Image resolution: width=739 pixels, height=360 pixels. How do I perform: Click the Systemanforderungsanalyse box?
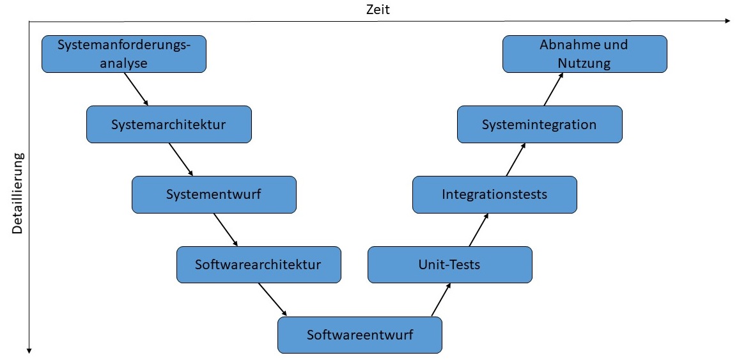click(x=124, y=54)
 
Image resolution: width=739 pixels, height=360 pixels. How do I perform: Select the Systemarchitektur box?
click(x=169, y=124)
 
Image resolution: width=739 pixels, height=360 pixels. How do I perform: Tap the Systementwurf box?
click(x=214, y=194)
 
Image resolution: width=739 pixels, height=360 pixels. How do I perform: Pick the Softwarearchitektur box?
click(x=258, y=264)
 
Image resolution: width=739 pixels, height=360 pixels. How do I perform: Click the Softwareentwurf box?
click(x=360, y=334)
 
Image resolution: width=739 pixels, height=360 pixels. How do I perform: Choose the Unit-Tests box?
click(x=449, y=264)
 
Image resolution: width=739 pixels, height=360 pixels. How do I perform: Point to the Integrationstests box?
click(x=495, y=194)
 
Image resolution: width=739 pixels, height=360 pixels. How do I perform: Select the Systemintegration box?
click(x=540, y=124)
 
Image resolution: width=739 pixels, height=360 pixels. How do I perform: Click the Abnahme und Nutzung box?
click(x=584, y=54)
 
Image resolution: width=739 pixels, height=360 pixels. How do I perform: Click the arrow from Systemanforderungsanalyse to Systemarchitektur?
click(x=136, y=89)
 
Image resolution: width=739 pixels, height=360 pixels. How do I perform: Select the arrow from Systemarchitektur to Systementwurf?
click(x=181, y=159)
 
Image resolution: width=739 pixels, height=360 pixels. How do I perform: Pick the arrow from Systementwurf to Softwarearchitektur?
click(x=226, y=230)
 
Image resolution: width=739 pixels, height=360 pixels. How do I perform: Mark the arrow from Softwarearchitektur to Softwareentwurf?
click(x=271, y=299)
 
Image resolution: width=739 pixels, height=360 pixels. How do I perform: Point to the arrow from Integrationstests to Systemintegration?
click(x=516, y=159)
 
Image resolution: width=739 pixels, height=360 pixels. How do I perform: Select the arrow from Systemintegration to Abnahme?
click(x=554, y=89)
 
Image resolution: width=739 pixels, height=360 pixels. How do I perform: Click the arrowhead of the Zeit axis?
click(x=727, y=21)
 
